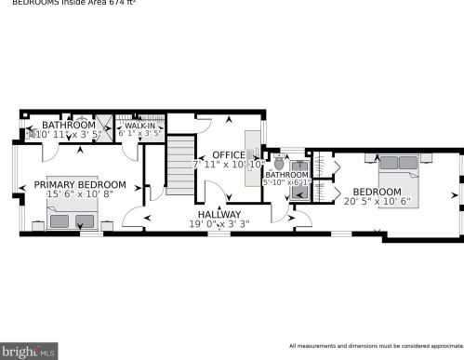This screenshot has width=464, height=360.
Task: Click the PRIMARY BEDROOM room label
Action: (79, 184)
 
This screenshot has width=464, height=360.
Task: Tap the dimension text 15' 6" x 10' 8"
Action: (79, 194)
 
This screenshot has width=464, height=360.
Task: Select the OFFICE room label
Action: (228, 154)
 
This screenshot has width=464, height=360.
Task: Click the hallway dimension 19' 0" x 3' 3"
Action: (219, 224)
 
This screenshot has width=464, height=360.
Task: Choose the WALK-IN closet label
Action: (139, 125)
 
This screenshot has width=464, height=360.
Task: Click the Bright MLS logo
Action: (29, 352)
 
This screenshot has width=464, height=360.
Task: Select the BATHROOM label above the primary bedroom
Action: (68, 125)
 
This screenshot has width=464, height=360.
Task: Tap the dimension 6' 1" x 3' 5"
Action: (139, 134)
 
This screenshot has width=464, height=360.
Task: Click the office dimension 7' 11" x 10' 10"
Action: (228, 165)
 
